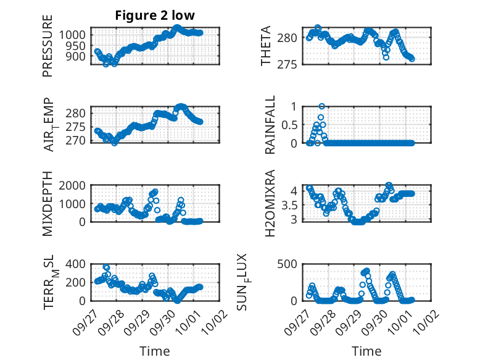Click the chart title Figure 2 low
pyautogui.click(x=155, y=16)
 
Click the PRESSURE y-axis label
pyautogui.click(x=48, y=46)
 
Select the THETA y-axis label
pyautogui.click(x=266, y=46)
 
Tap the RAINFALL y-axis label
pyautogui.click(x=270, y=125)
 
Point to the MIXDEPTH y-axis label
pyautogui.click(x=48, y=204)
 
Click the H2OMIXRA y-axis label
pyautogui.click(x=270, y=204)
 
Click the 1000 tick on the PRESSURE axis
pyautogui.click(x=75, y=35)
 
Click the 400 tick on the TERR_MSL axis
pyautogui.click(x=77, y=264)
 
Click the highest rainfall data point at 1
pyautogui.click(x=321, y=106)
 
